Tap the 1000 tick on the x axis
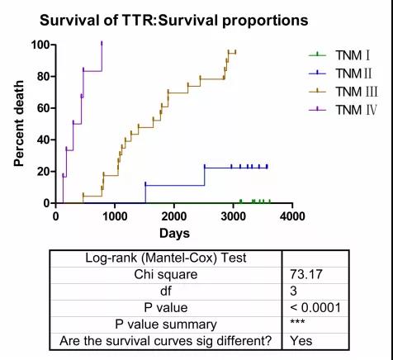[x=115, y=216]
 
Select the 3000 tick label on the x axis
[x=233, y=216]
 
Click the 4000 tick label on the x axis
[x=292, y=216]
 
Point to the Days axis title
[x=174, y=234]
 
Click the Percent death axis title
[x=19, y=124]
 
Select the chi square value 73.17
[x=305, y=274]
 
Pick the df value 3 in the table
[x=293, y=291]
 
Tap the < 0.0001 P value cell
[x=315, y=308]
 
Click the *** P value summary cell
[x=297, y=322]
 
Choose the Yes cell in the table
[x=301, y=341]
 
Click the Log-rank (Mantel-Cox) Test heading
[x=166, y=258]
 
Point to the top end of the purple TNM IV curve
[x=102, y=42]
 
